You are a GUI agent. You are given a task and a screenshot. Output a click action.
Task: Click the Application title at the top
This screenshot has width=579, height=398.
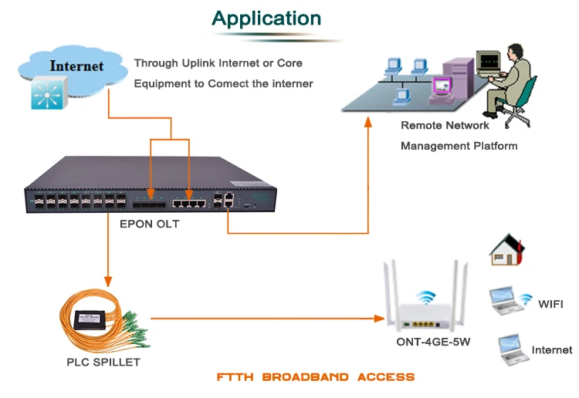[266, 19]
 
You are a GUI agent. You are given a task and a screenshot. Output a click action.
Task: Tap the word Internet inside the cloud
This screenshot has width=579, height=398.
[76, 66]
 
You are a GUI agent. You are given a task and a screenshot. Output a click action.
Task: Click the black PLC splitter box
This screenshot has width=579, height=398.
[90, 317]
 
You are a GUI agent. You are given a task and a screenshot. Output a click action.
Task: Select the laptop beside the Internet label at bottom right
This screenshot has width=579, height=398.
[510, 349]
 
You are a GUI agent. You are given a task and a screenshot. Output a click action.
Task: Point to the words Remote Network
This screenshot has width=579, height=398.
[445, 125]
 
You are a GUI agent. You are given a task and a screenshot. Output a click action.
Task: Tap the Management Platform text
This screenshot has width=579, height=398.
[459, 145]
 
